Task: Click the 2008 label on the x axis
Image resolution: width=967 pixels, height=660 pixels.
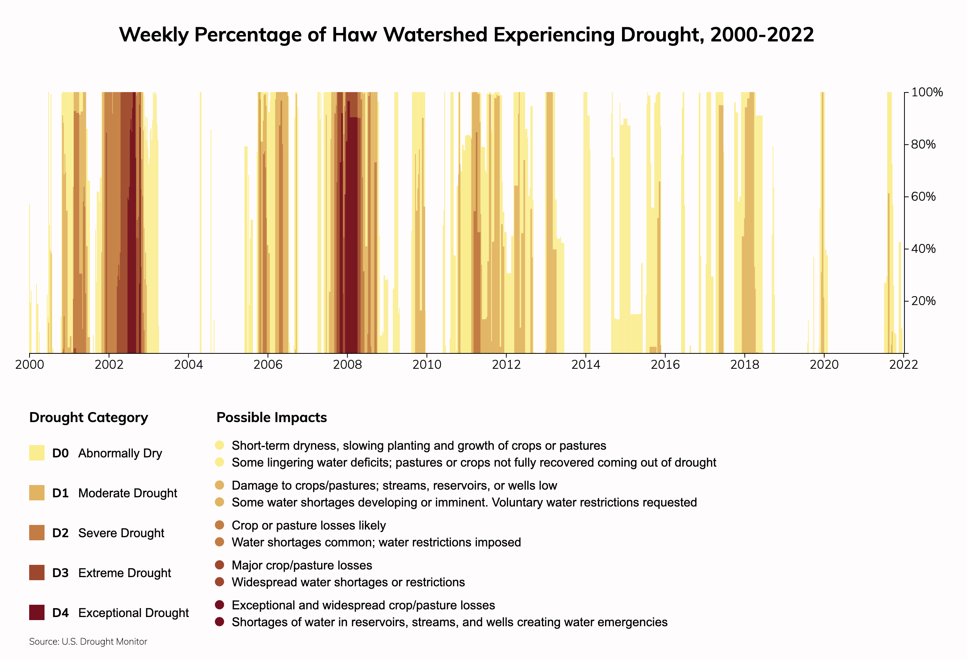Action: [x=347, y=365]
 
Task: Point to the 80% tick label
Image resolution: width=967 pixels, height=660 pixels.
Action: [x=923, y=144]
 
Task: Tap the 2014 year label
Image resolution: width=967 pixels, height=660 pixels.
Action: [x=586, y=365]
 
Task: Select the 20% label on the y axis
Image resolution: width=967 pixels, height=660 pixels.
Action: [x=923, y=301]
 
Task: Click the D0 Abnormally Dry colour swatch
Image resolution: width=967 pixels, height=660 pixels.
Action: [x=36, y=453]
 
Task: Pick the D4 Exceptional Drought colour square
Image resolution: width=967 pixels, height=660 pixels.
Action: [x=36, y=612]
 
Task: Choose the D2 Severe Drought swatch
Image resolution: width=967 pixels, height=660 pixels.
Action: [x=36, y=533]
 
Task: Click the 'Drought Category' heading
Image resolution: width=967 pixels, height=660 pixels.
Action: [x=89, y=417]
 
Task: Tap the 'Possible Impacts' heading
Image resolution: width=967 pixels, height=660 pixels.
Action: [x=272, y=417]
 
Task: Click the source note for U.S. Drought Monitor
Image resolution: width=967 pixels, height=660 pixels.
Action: [x=88, y=642]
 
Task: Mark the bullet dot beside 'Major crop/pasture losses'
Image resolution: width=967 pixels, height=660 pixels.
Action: [x=220, y=565]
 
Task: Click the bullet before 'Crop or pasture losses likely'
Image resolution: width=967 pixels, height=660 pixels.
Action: [x=220, y=525]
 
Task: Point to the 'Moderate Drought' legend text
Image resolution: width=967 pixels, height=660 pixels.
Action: [x=127, y=493]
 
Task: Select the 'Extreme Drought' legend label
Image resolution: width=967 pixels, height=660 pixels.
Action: [x=124, y=573]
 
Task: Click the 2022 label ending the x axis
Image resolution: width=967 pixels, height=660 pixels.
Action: [x=903, y=365]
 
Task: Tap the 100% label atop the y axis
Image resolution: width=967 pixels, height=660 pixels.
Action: [x=927, y=92]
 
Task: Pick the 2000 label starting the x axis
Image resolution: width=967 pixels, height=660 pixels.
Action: [x=30, y=365]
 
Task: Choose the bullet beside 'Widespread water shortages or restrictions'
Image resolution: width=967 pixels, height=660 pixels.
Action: [x=220, y=582]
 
